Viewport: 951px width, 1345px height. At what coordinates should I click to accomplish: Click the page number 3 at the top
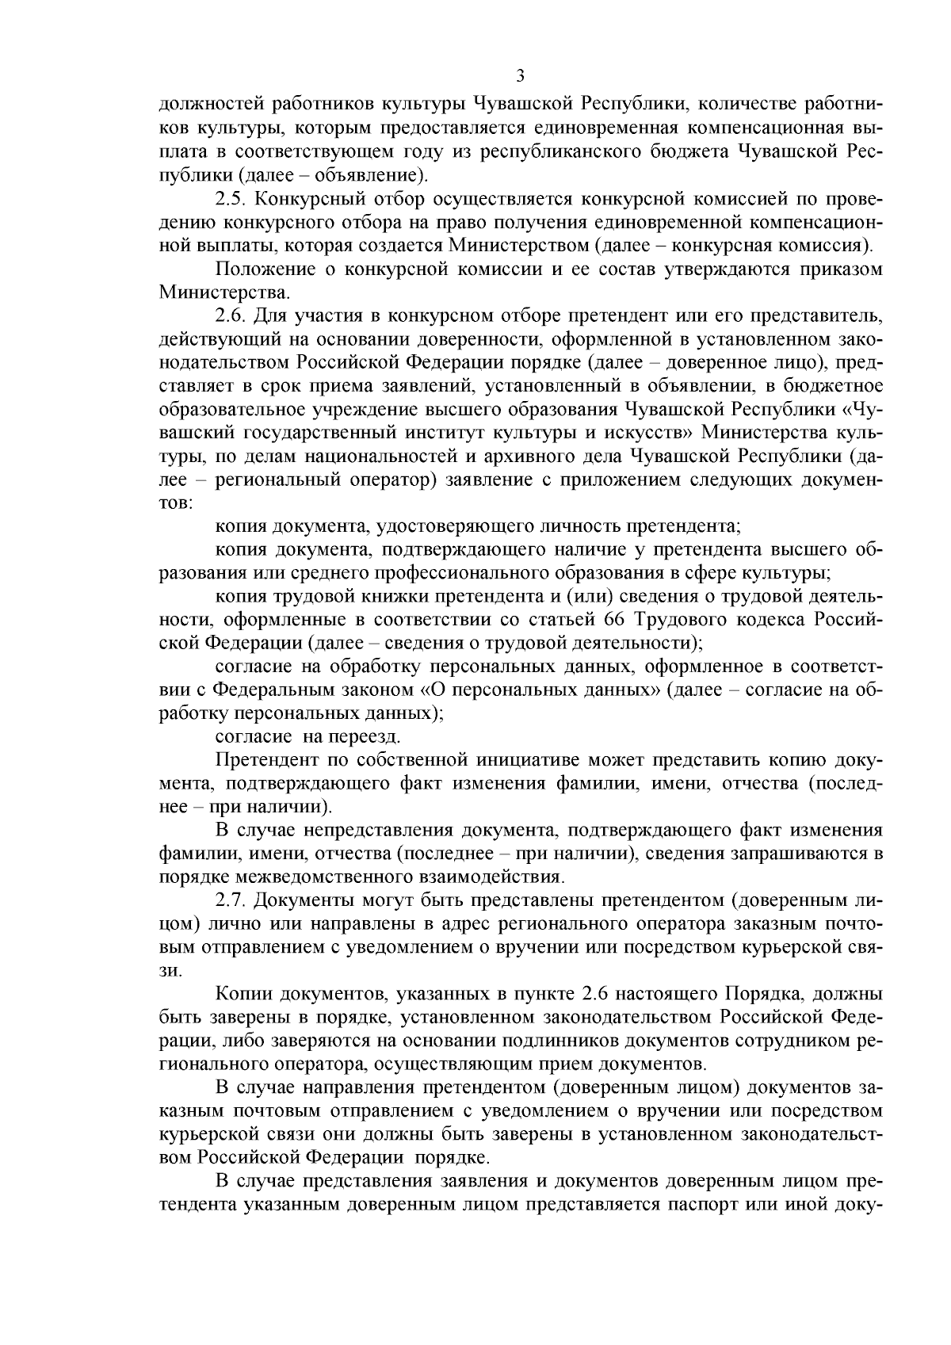pos(520,77)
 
